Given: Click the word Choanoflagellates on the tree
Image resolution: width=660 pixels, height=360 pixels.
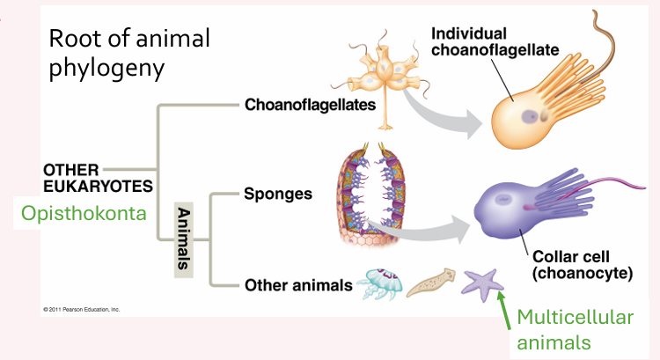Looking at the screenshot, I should [x=310, y=106].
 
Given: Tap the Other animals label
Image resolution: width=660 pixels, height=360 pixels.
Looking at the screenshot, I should [x=298, y=284].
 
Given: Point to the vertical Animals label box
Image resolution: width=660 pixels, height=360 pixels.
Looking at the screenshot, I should [x=184, y=239].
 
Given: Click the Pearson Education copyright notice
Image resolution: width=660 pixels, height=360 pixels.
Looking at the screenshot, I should [x=82, y=310].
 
